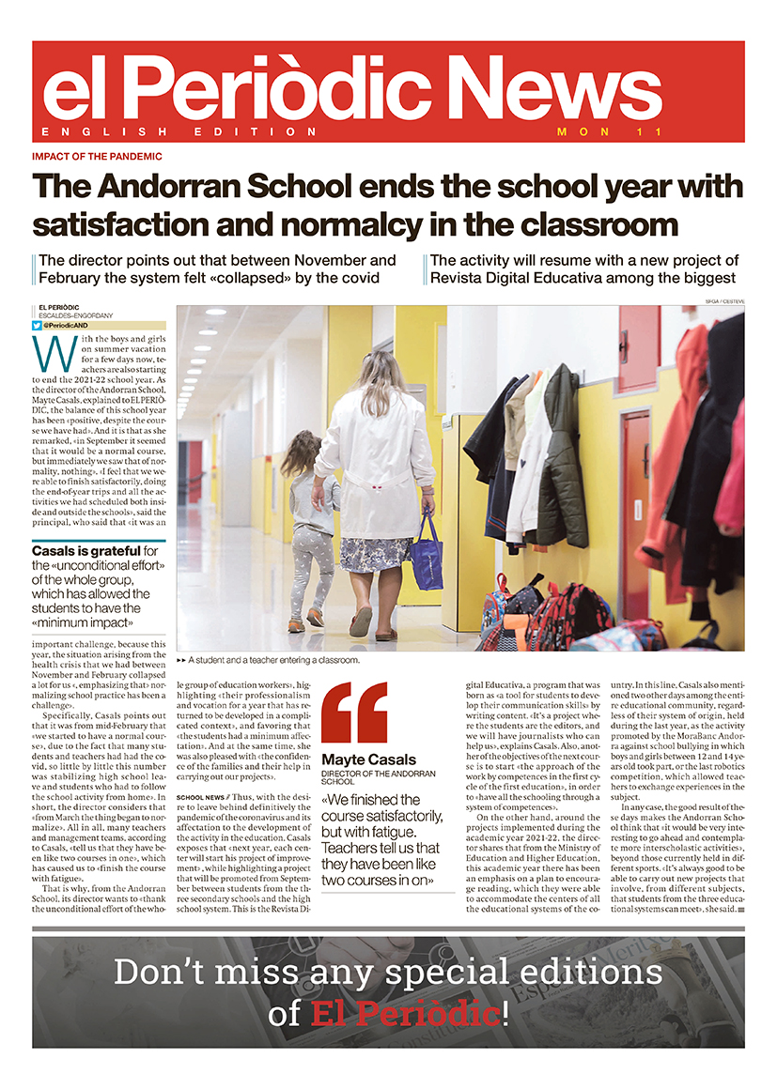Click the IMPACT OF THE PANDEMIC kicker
[97, 157]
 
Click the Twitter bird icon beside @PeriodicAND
[38, 325]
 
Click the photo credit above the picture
[723, 300]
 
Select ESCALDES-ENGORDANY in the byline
[74, 314]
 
